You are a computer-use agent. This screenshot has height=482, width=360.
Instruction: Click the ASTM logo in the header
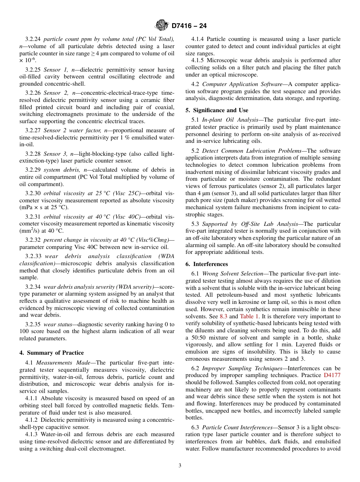click(162, 26)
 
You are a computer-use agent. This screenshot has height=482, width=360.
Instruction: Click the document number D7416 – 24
click(189, 26)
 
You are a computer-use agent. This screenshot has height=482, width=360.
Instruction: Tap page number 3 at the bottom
click(180, 466)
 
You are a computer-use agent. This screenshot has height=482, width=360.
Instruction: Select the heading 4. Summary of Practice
click(52, 353)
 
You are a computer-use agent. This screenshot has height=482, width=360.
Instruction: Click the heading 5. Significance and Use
click(217, 110)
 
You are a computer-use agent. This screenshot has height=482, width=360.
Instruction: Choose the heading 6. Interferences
click(207, 264)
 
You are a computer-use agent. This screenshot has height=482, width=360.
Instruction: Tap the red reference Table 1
click(249, 316)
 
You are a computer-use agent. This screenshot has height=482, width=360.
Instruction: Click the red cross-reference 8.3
click(224, 316)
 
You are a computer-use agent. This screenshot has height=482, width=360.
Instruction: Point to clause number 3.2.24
click(33, 39)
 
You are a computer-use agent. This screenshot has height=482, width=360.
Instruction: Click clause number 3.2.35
click(33, 324)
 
